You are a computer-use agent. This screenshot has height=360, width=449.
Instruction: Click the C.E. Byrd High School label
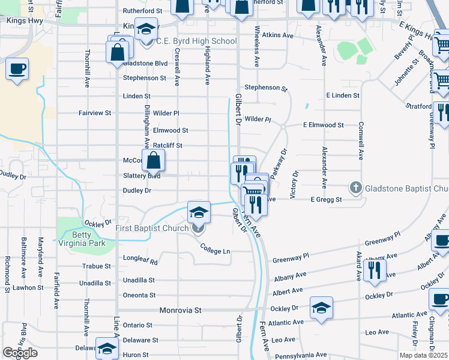196,41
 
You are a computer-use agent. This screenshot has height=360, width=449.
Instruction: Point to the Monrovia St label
181,310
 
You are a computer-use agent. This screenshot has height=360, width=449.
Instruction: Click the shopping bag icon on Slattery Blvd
154,161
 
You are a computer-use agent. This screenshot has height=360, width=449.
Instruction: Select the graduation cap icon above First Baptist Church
199,212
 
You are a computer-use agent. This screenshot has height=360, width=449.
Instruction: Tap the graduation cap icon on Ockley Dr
321,308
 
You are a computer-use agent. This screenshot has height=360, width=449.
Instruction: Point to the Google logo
20,353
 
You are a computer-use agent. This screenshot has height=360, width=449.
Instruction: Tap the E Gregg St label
326,200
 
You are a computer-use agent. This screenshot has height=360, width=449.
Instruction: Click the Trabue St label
97,266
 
